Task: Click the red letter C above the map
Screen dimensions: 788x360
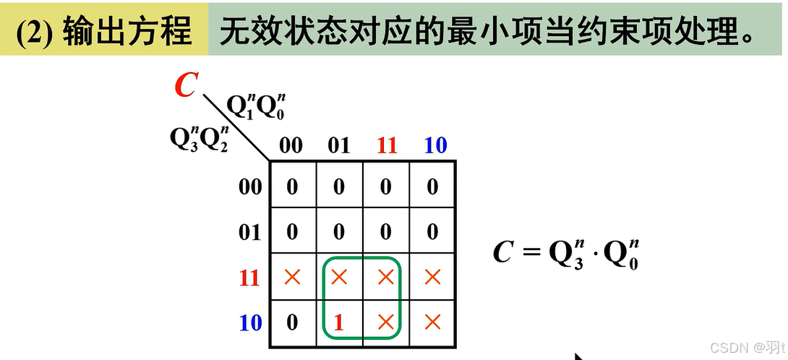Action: click(x=186, y=85)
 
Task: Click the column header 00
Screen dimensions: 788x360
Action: click(x=291, y=145)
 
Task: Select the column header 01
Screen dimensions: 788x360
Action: click(x=338, y=145)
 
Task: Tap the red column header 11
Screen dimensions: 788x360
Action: click(x=387, y=145)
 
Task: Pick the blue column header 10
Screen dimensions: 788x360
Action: click(x=434, y=145)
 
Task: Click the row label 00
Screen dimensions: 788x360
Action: click(x=249, y=188)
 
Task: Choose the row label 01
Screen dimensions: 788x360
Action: click(x=249, y=233)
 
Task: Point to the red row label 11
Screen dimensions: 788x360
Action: click(x=249, y=278)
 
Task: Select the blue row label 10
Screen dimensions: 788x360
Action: click(x=249, y=322)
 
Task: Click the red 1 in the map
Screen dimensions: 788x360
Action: click(x=338, y=322)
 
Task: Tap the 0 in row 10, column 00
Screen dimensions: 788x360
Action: click(x=291, y=322)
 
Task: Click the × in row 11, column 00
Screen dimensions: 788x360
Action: click(x=291, y=276)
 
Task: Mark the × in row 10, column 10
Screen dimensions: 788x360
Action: click(x=432, y=322)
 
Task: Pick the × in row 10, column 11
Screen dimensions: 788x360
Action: click(x=386, y=322)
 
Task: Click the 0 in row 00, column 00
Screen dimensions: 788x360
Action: click(x=291, y=187)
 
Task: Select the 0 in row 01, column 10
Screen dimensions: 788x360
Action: click(x=432, y=232)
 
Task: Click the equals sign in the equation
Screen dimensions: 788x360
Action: click(x=531, y=253)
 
